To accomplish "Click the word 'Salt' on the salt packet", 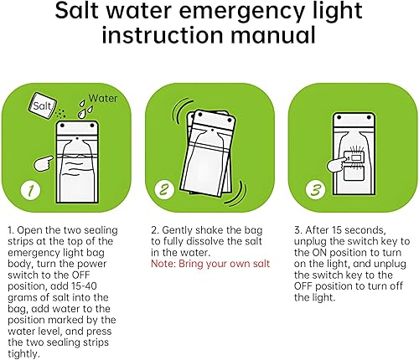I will point(43,105).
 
